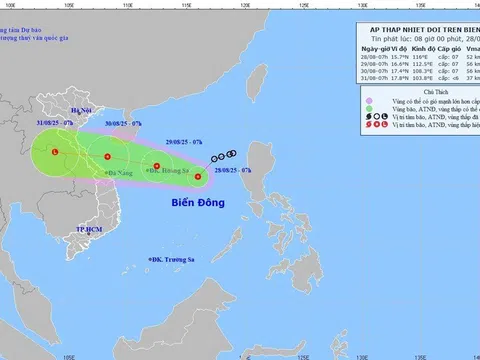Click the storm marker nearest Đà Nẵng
coord(108,157)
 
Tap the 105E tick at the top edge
coord(69,4)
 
